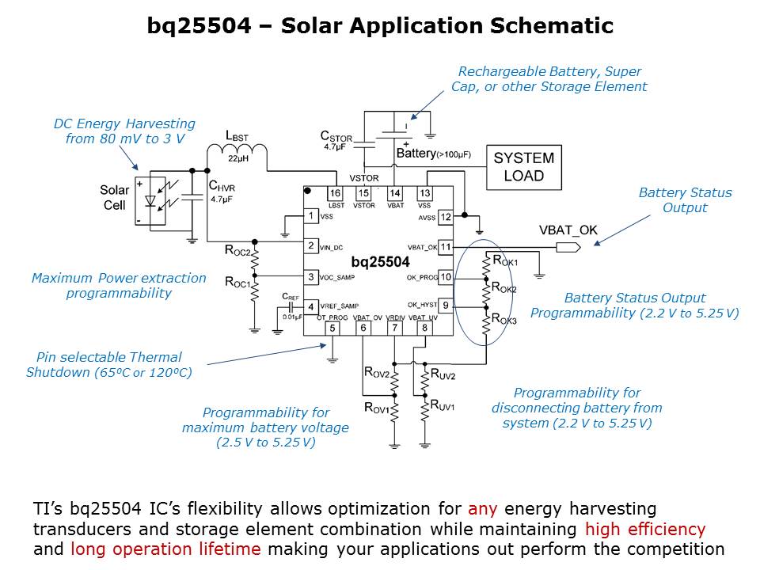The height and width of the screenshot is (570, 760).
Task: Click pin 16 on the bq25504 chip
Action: tap(335, 193)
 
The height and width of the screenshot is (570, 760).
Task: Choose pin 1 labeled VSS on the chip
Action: tap(313, 216)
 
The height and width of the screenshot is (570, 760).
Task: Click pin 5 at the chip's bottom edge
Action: tap(332, 328)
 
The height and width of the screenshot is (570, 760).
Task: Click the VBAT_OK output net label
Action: tap(568, 230)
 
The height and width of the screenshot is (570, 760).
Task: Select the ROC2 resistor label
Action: tap(237, 252)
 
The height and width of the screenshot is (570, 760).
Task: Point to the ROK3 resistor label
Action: tap(504, 319)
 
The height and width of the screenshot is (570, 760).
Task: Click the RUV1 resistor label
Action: tap(442, 405)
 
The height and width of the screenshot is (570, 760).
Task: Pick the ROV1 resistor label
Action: tap(377, 408)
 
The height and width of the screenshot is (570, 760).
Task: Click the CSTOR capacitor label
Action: tap(336, 136)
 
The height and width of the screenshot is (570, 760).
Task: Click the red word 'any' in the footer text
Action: tap(481, 508)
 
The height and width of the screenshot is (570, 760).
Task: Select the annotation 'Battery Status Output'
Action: tap(685, 199)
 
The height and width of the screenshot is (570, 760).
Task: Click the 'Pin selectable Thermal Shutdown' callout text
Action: tap(108, 364)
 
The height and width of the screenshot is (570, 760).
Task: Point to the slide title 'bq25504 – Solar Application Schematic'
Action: tap(380, 26)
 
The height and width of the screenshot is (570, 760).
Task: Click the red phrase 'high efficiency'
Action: tap(644, 529)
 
